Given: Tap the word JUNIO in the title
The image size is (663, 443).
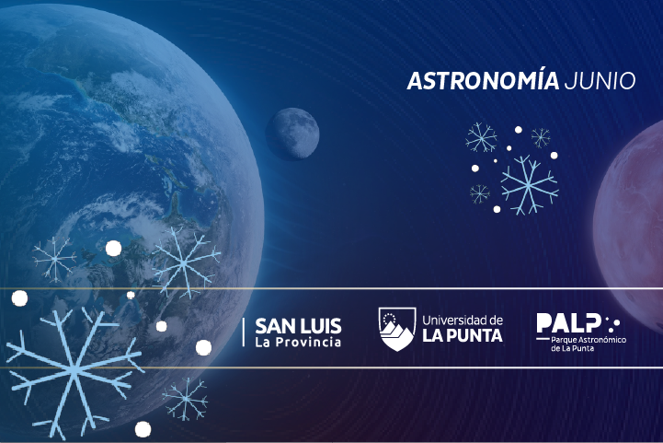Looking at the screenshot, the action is pos(600,80).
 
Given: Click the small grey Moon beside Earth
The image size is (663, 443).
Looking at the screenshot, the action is pos(292,134).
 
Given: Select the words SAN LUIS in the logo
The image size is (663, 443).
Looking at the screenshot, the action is pos(298,326).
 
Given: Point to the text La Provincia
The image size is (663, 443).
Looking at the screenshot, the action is pos(298,343).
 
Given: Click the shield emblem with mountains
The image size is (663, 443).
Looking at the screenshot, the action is pos(397,329).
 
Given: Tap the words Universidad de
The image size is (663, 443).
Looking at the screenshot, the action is pos(463,320).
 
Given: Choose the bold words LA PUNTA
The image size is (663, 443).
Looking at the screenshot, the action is pos(463,335).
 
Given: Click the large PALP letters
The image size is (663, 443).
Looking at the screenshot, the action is pos(568,323).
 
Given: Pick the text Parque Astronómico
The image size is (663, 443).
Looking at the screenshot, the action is pos(589,340).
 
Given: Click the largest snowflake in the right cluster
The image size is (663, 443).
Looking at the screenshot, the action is pos(529,185).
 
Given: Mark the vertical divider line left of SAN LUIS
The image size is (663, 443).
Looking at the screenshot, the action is pos(244,332).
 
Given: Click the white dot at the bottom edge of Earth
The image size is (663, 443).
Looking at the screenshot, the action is pos(143,429).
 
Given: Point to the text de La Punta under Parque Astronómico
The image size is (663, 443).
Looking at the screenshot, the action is pos(572,348).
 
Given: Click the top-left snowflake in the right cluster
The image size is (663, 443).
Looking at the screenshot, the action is pos(481,137).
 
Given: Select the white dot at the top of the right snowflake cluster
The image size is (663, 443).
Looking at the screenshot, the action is pos(518,130).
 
